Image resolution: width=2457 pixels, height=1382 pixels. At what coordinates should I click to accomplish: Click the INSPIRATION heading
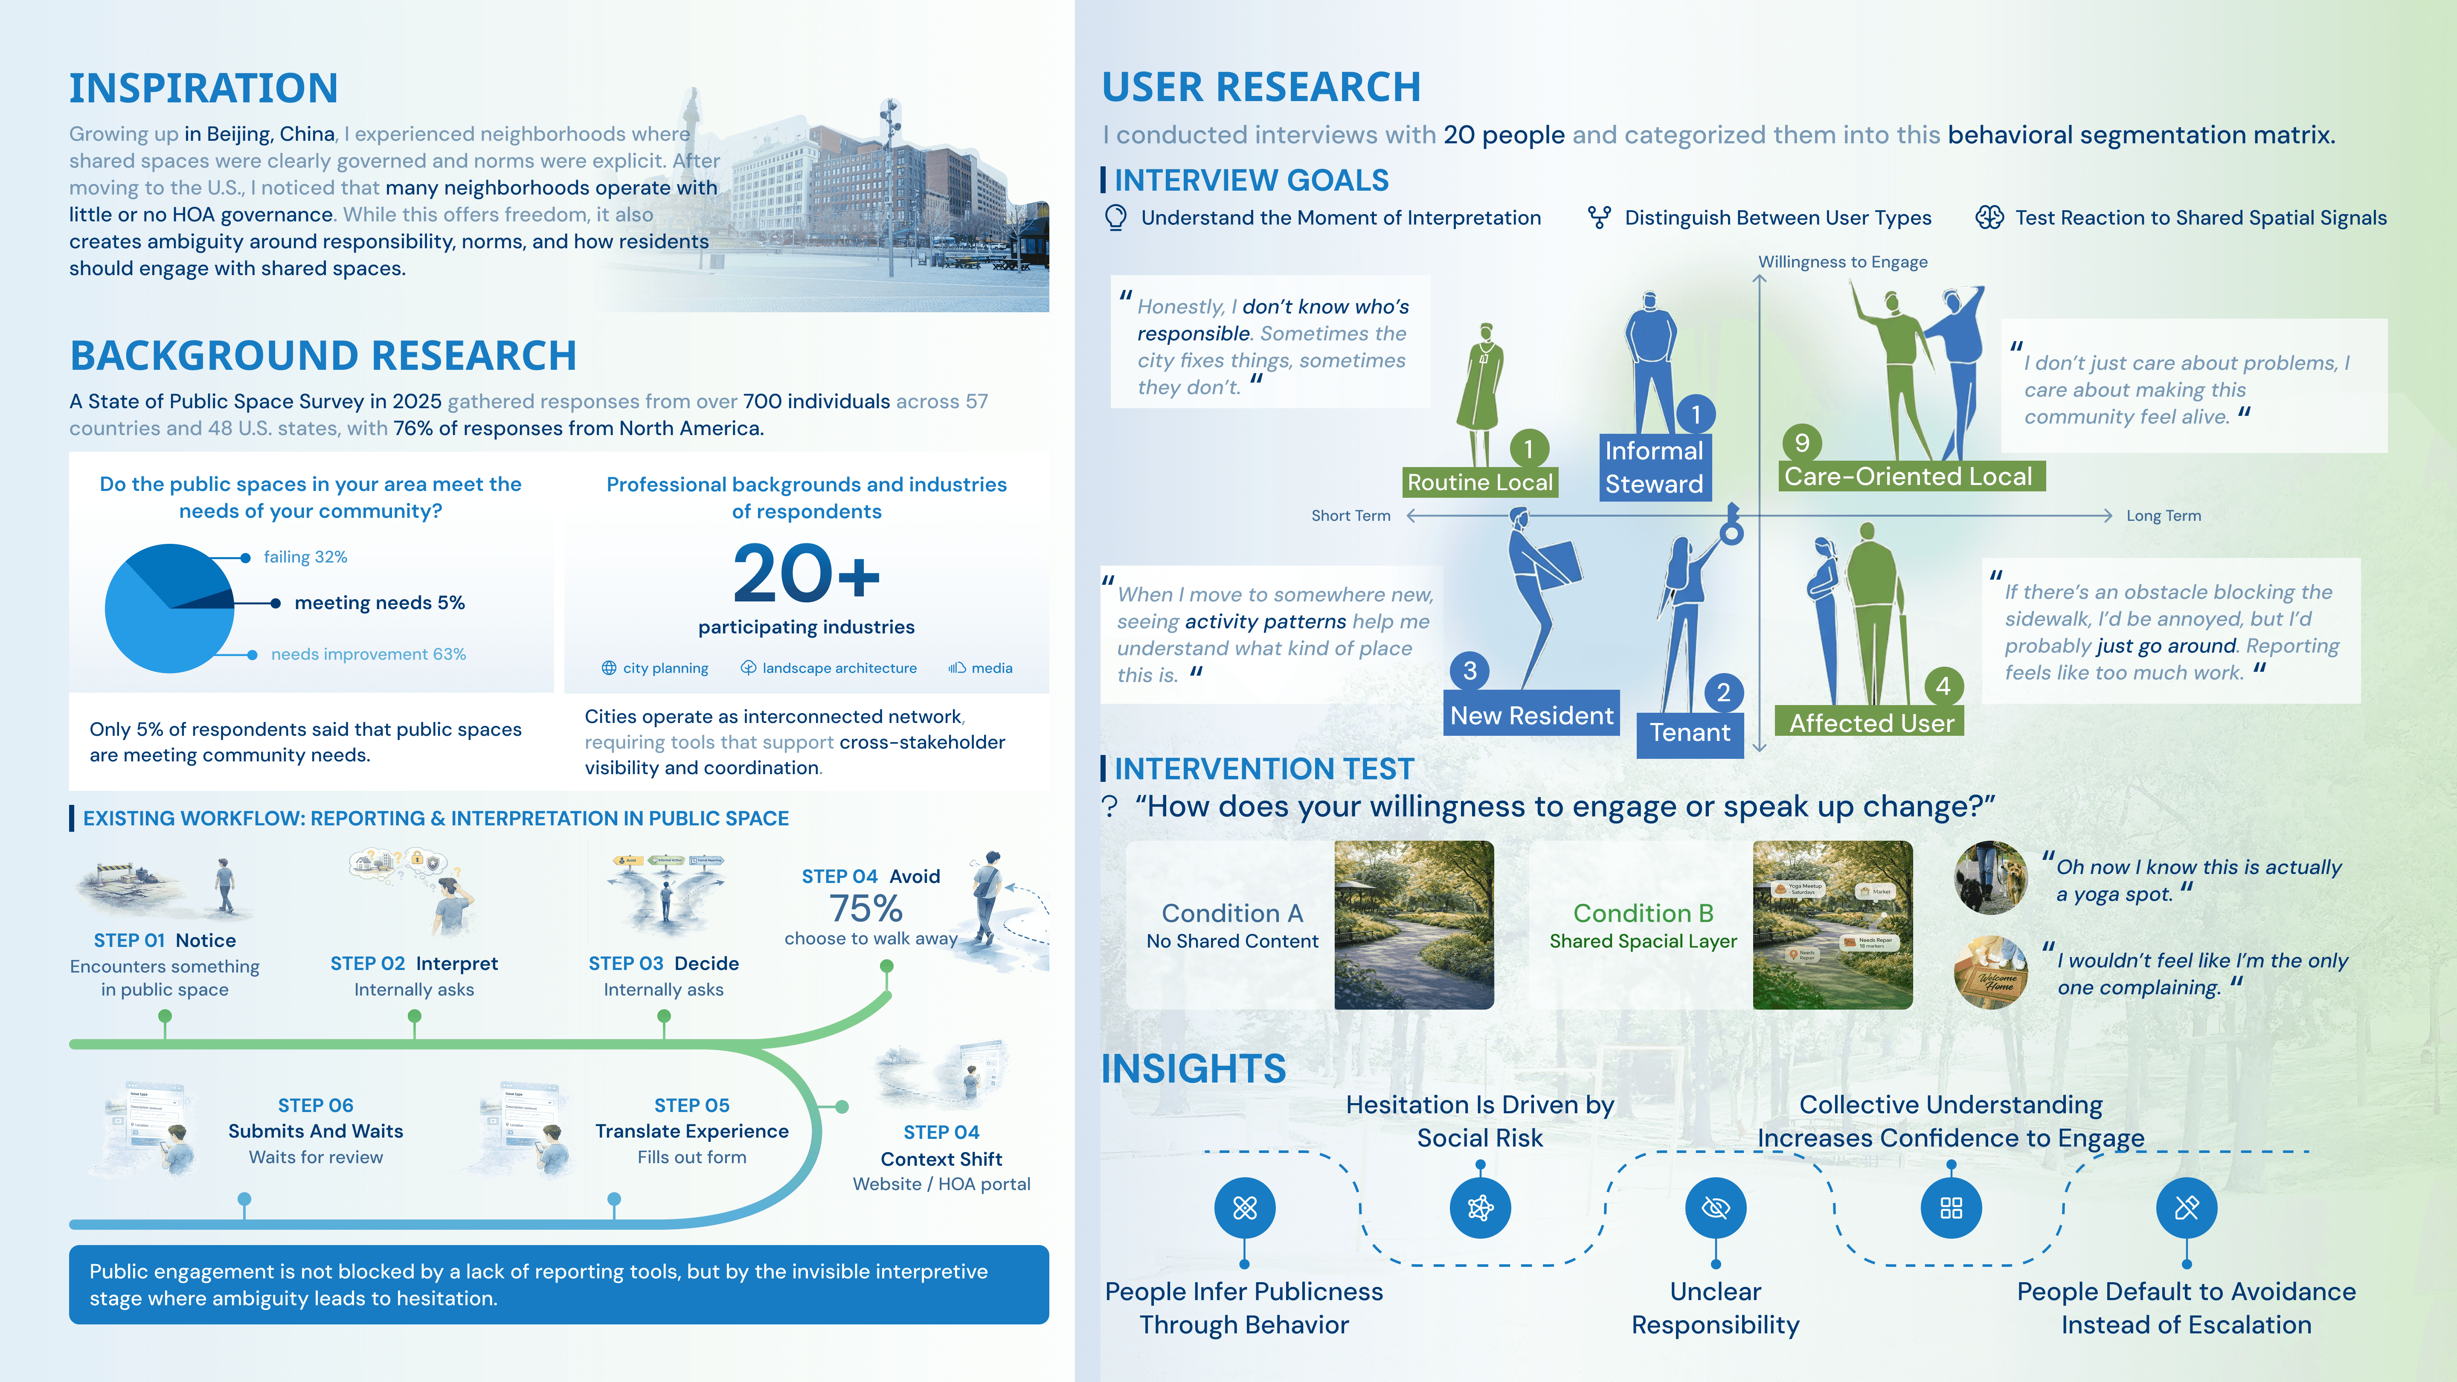click(x=203, y=89)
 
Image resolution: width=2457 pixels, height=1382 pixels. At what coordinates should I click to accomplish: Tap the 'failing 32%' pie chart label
click(x=305, y=557)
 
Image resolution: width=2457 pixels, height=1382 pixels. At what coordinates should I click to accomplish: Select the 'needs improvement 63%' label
click(x=368, y=654)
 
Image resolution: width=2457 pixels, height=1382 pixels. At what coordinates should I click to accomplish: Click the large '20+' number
click(x=806, y=574)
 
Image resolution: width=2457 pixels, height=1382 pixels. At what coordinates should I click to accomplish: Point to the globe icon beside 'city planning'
click(x=609, y=668)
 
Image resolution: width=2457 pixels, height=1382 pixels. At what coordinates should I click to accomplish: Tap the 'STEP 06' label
click(x=316, y=1106)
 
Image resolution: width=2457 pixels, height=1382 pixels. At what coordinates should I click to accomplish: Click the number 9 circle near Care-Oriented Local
click(x=1802, y=443)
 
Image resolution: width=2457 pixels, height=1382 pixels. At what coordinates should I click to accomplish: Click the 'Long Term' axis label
click(x=2163, y=516)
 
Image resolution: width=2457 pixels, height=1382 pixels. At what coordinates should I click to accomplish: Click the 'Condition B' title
click(x=1642, y=914)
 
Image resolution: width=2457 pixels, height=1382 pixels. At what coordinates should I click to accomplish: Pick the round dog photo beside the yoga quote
click(x=1991, y=877)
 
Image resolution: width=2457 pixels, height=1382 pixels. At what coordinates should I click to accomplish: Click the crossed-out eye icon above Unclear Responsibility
click(x=1715, y=1208)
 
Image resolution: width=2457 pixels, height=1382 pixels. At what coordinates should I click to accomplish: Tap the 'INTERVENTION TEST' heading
click(x=1264, y=769)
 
